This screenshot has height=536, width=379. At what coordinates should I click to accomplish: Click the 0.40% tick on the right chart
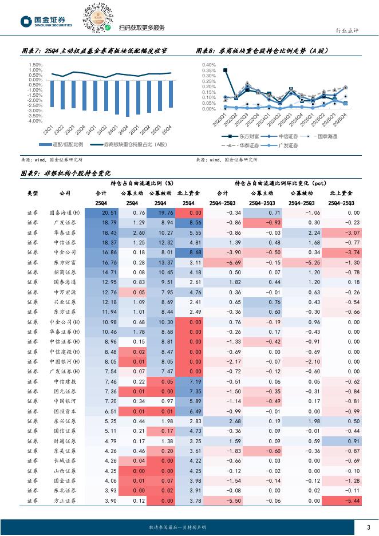pyautogui.click(x=208, y=65)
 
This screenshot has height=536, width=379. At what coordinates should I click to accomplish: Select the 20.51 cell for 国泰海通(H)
pyautogui.click(x=101, y=213)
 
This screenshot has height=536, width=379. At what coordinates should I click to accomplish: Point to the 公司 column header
pyautogui.click(x=65, y=194)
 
